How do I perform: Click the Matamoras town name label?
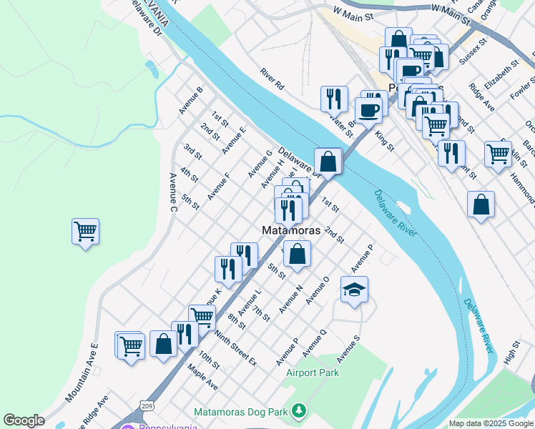(290, 230)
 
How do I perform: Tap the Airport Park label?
(313, 373)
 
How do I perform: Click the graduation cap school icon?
(354, 290)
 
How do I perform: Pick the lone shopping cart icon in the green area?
(85, 232)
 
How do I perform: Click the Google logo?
(24, 420)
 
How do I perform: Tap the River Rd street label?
(273, 78)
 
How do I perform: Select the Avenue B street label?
(191, 100)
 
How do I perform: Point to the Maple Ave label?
(202, 376)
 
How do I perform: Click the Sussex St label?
(473, 52)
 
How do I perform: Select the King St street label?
(385, 140)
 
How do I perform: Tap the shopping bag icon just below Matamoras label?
(297, 254)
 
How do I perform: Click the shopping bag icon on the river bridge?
(328, 162)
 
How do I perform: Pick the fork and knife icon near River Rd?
(334, 99)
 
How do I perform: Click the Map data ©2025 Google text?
(490, 423)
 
